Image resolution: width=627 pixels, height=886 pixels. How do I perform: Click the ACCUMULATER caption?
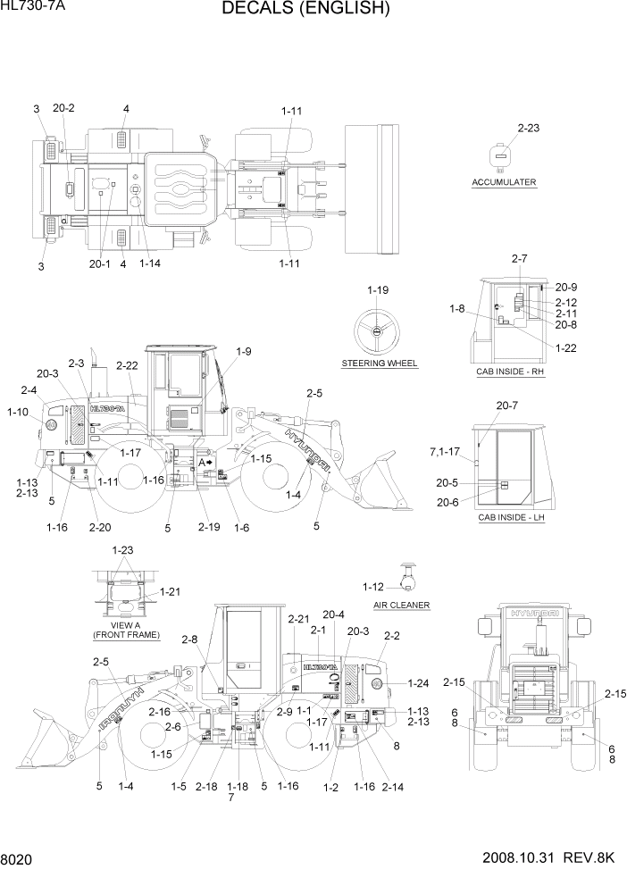click(x=504, y=182)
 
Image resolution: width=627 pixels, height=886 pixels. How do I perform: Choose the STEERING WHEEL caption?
click(x=380, y=364)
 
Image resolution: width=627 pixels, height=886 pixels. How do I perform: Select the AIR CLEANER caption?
click(x=402, y=605)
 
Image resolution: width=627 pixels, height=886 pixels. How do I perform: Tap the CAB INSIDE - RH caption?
click(x=510, y=370)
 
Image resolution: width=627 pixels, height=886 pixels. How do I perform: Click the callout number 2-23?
click(x=528, y=129)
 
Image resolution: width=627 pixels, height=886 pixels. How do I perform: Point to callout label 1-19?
click(x=378, y=290)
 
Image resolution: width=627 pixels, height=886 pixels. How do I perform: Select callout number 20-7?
click(x=506, y=406)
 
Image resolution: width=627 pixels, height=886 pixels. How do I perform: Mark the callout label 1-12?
click(x=373, y=587)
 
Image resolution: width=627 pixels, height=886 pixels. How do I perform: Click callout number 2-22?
click(x=127, y=365)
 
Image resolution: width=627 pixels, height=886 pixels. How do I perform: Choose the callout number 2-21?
click(x=298, y=619)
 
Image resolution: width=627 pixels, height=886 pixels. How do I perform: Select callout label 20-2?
click(x=63, y=108)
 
